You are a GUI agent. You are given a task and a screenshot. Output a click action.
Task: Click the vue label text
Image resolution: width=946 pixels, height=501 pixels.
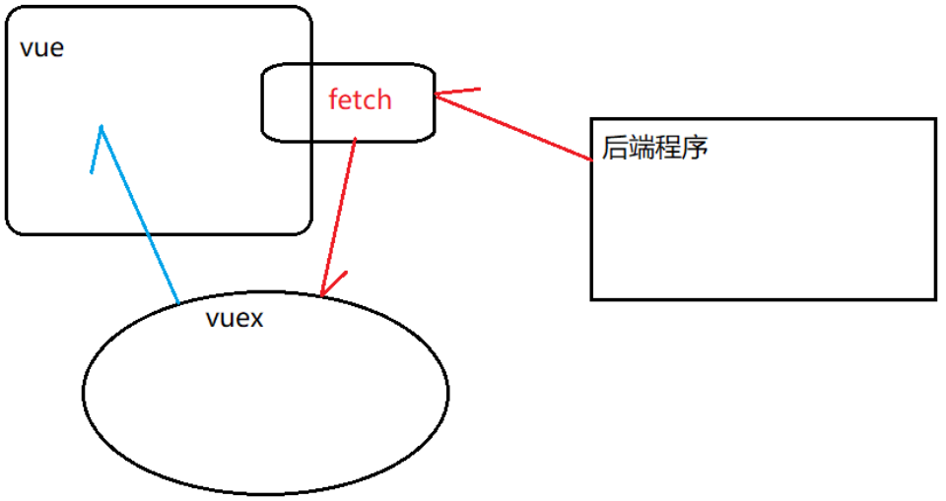[41, 48]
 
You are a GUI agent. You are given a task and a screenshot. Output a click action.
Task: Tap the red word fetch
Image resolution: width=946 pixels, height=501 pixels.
[360, 99]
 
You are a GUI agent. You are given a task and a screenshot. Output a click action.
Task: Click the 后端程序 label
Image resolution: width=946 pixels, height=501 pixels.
[655, 148]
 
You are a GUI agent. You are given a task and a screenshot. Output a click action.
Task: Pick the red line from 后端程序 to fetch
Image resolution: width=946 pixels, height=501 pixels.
[512, 126]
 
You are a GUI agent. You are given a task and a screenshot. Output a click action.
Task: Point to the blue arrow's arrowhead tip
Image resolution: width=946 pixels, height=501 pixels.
[101, 127]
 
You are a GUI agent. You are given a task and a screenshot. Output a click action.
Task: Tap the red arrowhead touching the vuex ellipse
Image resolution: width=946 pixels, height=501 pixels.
[323, 291]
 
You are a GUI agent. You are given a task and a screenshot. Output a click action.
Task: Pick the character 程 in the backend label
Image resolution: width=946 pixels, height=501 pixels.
[668, 148]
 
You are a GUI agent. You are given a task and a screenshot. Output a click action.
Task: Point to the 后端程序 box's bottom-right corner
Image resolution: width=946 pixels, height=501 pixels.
[935, 298]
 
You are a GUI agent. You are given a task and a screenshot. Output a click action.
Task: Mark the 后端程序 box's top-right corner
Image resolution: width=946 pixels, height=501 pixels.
[935, 119]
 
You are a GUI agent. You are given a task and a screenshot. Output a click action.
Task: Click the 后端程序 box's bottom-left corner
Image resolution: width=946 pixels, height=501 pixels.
[592, 298]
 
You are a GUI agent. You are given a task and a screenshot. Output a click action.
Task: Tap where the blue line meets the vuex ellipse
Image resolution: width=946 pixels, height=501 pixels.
[178, 302]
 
